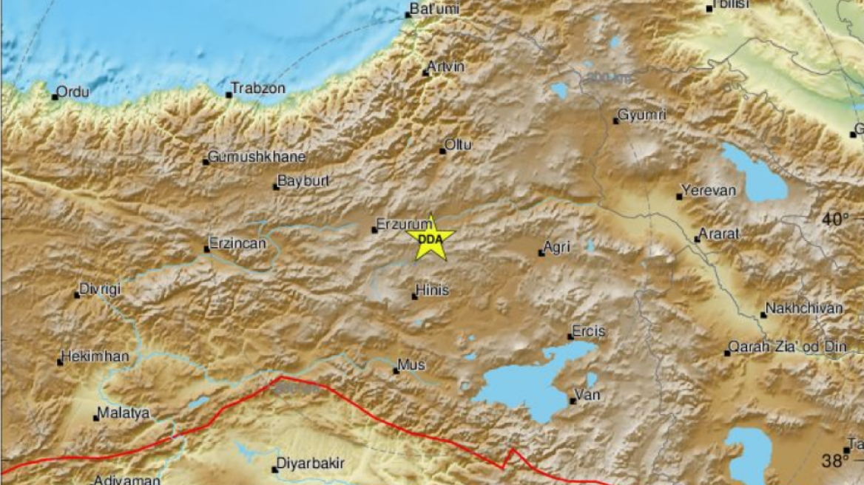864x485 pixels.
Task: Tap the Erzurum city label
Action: tap(403, 223)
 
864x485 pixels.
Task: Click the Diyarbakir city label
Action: tap(310, 464)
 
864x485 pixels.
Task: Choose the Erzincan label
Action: tap(237, 243)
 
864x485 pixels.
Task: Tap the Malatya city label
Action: tap(124, 413)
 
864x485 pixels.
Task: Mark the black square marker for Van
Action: tap(573, 401)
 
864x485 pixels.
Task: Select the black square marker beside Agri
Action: tap(541, 254)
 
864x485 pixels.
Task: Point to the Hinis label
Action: tap(433, 291)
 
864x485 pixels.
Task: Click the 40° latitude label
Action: tap(836, 219)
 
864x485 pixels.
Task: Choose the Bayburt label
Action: tap(303, 181)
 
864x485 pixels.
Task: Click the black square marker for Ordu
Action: tap(55, 97)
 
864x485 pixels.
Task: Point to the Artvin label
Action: tap(448, 67)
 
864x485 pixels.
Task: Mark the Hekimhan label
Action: tap(96, 356)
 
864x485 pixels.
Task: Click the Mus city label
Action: tap(411, 364)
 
